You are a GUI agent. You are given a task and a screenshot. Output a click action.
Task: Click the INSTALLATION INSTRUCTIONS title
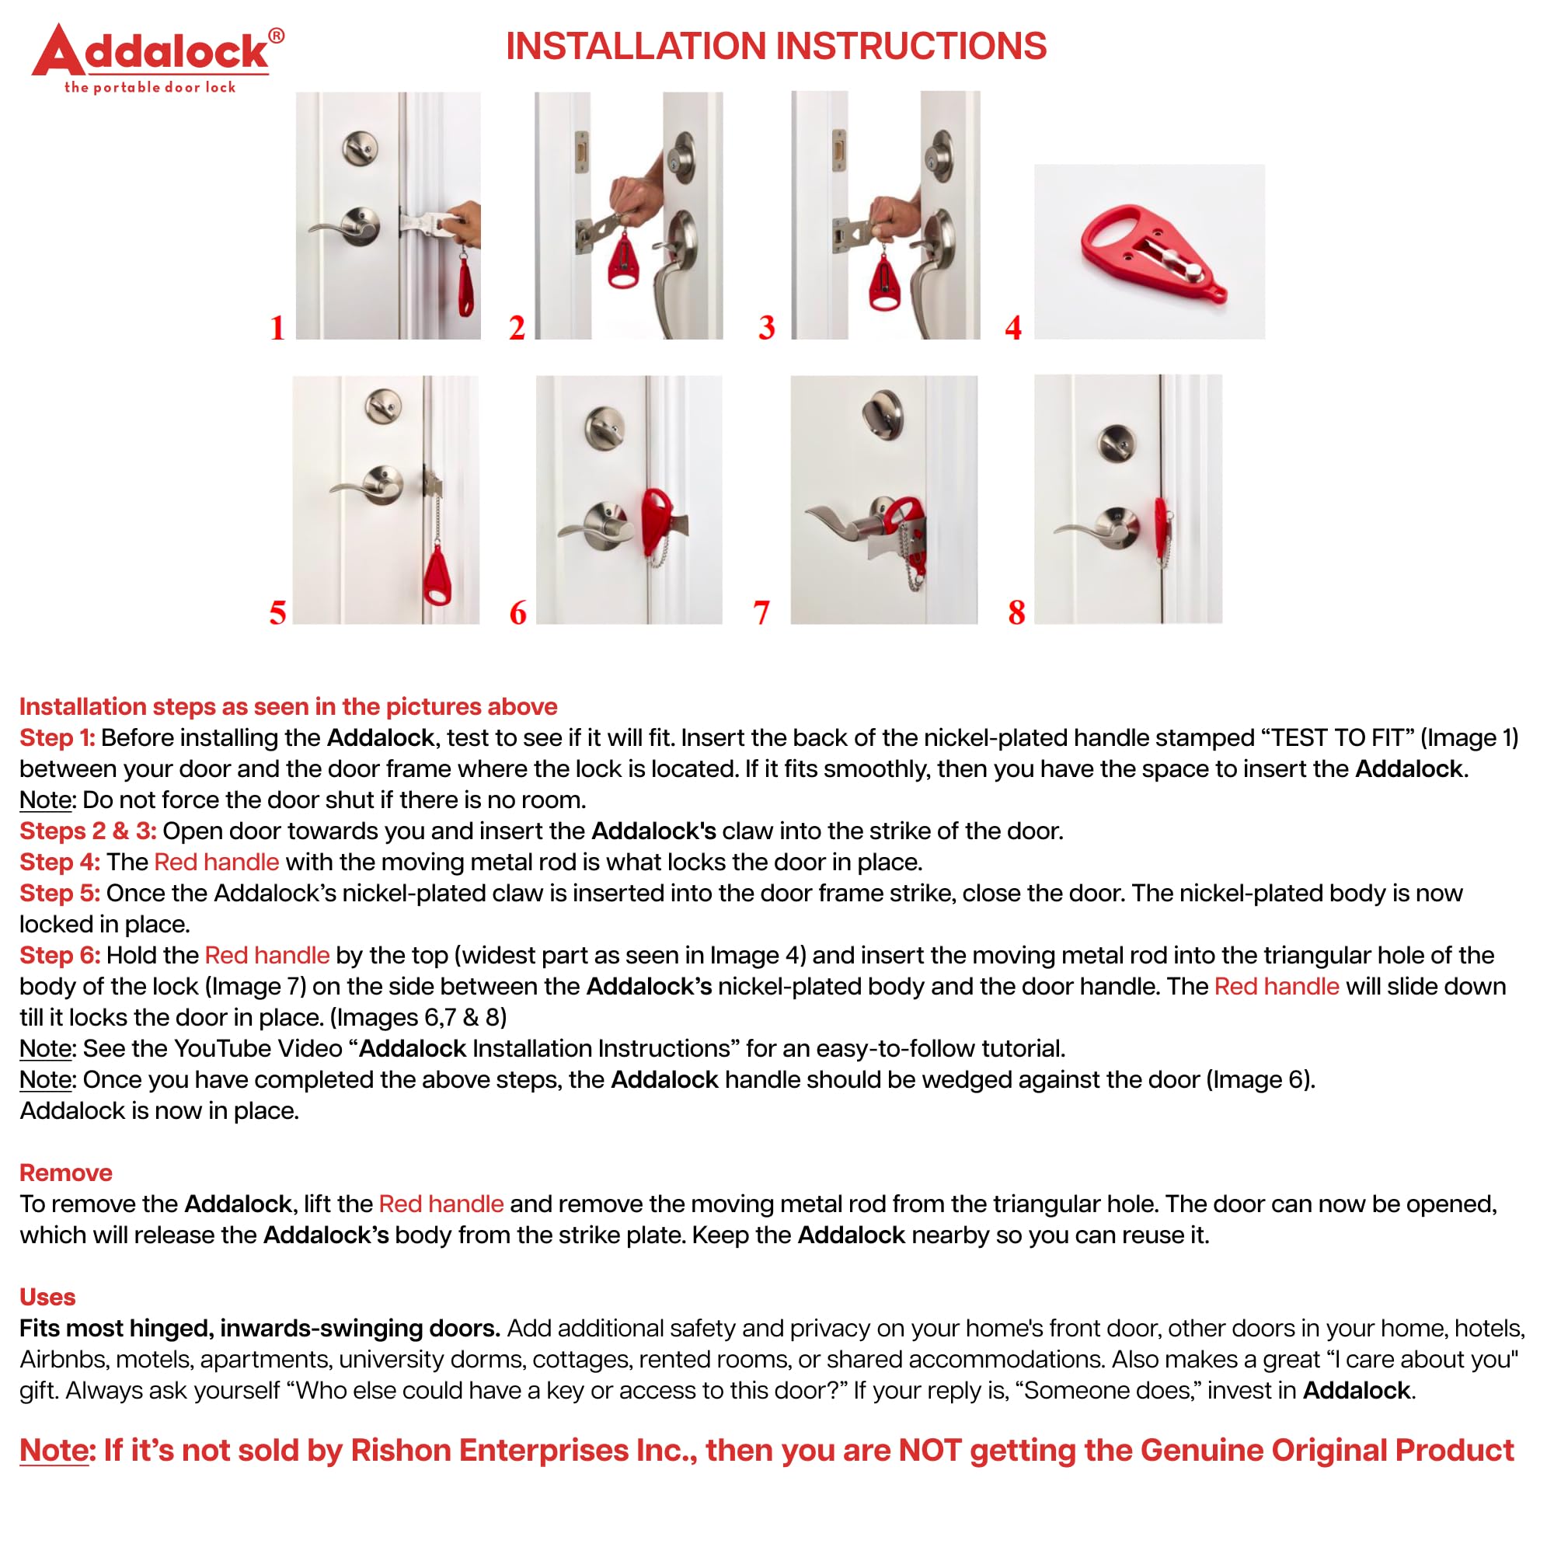[x=775, y=46]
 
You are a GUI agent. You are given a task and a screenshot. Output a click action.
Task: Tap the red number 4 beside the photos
[x=1013, y=327]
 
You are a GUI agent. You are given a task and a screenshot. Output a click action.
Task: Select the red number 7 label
[x=761, y=613]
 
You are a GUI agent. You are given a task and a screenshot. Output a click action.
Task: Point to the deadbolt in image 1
[x=360, y=148]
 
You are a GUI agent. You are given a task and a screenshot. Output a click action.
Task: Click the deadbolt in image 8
[x=1117, y=440]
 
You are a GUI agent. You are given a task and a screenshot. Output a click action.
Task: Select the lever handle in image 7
[x=841, y=523]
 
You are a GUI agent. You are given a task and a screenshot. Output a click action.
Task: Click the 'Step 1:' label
[x=57, y=737]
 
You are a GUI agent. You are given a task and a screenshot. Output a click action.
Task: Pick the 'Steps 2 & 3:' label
[x=88, y=831]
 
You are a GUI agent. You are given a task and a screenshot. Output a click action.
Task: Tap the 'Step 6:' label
[x=60, y=956]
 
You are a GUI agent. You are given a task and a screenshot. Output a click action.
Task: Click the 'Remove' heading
[x=65, y=1172]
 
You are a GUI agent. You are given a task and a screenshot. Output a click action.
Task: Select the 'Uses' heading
[x=47, y=1298]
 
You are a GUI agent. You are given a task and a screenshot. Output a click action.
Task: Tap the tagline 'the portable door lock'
[x=150, y=88]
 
